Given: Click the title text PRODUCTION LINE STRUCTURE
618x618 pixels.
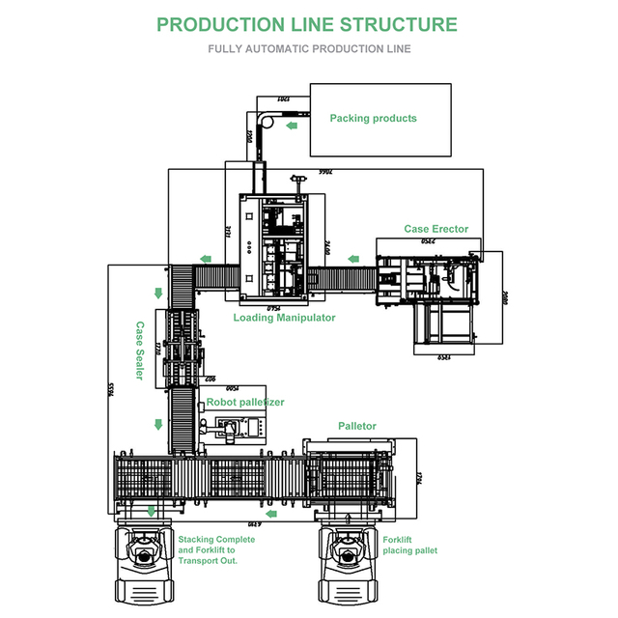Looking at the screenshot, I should (307, 24).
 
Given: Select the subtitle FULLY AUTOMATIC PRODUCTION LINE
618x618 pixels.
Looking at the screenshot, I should (309, 48).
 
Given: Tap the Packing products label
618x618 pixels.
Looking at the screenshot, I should (373, 119).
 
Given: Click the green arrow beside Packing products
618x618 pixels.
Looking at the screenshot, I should (291, 124).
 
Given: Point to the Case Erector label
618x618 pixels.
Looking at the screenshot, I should (435, 229).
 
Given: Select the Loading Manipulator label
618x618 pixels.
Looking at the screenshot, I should (284, 318).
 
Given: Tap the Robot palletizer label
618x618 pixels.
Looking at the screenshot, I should (245, 402).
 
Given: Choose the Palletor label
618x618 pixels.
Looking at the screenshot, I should (356, 426).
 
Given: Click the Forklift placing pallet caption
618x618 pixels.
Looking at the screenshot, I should (409, 546).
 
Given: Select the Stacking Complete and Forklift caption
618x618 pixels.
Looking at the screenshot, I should (216, 549).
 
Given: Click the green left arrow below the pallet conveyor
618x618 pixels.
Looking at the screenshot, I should (272, 514).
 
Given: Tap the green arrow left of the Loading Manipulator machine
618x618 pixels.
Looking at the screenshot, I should (206, 257).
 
